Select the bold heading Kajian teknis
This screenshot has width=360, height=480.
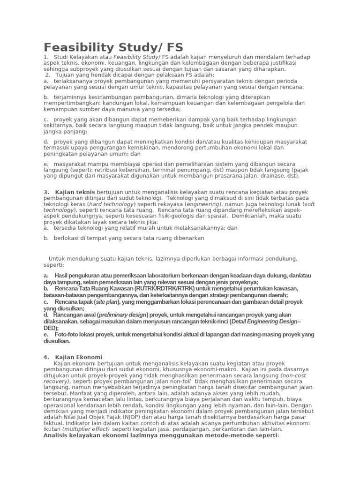[x=75, y=192]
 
